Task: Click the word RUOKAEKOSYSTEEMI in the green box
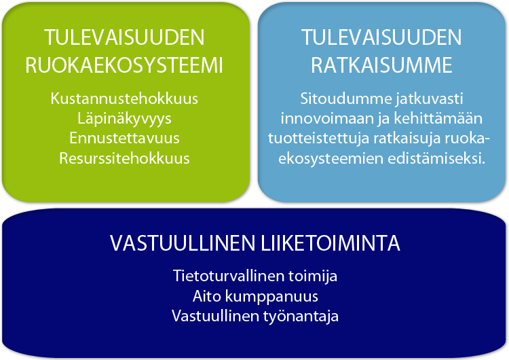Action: [124, 65]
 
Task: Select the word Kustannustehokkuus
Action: [124, 98]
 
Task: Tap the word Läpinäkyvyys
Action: [124, 119]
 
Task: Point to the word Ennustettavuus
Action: [124, 138]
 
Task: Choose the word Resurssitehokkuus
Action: [124, 158]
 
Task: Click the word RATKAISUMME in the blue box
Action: [381, 65]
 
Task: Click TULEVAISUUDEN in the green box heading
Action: [124, 37]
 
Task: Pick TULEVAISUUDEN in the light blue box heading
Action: [381, 37]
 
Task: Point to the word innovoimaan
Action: [327, 118]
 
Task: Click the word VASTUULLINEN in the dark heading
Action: [183, 242]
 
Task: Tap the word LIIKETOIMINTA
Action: [331, 242]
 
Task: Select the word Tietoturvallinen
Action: [229, 276]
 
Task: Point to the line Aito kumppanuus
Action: [255, 297]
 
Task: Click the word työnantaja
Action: [301, 317]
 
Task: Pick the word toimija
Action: [313, 276]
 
